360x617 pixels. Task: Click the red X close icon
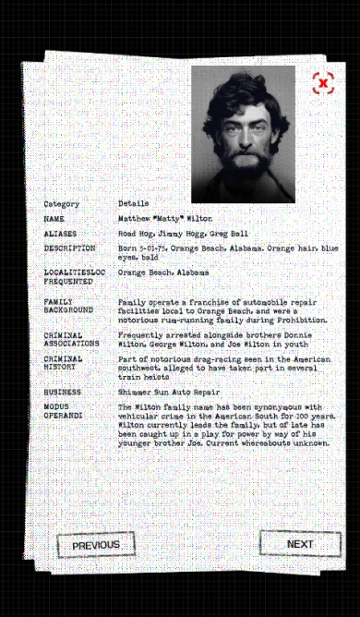(x=322, y=83)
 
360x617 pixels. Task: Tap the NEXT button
(x=300, y=544)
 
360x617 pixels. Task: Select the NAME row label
(x=54, y=220)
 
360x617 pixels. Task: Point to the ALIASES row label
(x=60, y=235)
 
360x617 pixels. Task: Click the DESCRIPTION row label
(x=69, y=248)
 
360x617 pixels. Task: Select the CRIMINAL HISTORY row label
(x=63, y=364)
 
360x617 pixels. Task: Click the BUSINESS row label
(x=62, y=392)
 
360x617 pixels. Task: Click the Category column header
(x=61, y=203)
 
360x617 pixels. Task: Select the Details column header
(x=133, y=203)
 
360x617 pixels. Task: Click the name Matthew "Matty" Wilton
(x=164, y=220)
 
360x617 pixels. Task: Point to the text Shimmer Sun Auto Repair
(x=162, y=392)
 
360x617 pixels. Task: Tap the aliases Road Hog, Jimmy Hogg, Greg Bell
(x=183, y=235)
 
